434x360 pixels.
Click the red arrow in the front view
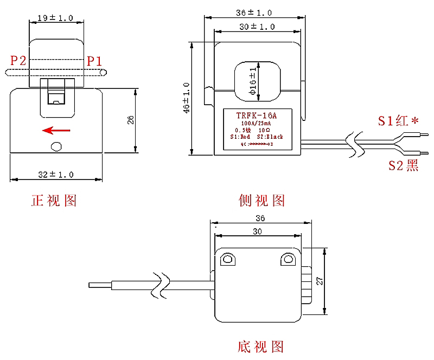pos(56,130)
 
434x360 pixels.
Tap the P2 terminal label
pos(18,60)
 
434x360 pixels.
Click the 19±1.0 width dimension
pos(56,18)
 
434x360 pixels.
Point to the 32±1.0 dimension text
pos(56,174)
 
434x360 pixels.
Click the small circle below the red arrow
pos(56,146)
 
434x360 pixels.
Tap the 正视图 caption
pos(54,201)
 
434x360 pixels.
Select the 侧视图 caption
pos(261,201)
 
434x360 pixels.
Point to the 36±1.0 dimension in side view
pos(254,12)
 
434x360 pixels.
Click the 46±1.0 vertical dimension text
pos(187,98)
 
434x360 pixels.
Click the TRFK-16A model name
pos(257,115)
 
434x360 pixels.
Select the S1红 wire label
pos(398,121)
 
